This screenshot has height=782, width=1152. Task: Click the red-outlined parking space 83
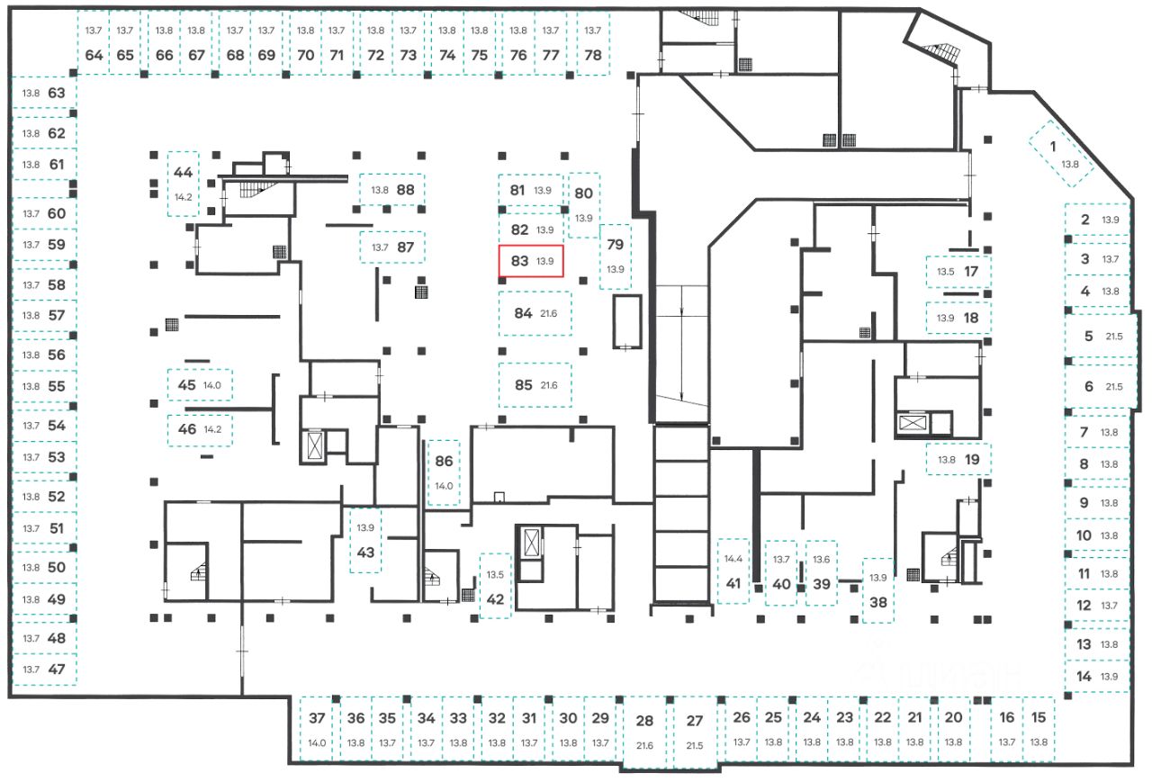click(x=531, y=262)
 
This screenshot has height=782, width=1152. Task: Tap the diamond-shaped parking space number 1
click(x=1063, y=153)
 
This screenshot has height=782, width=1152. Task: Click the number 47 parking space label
click(x=57, y=669)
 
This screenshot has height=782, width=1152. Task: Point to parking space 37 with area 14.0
click(x=317, y=729)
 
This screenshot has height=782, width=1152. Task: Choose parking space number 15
click(x=1039, y=729)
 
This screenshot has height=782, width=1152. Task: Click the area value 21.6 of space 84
click(x=549, y=313)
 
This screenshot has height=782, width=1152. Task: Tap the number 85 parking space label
click(x=524, y=385)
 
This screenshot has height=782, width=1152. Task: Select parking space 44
click(x=184, y=184)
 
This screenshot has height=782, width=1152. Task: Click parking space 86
click(x=444, y=472)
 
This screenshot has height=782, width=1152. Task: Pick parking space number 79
click(x=616, y=256)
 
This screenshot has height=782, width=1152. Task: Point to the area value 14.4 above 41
click(x=733, y=559)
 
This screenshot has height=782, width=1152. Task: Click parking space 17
click(x=958, y=271)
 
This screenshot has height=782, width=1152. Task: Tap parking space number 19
click(x=958, y=459)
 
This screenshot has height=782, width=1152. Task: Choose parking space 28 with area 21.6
click(x=644, y=732)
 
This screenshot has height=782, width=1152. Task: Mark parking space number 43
click(x=365, y=540)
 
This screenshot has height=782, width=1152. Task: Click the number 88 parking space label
click(x=405, y=190)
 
